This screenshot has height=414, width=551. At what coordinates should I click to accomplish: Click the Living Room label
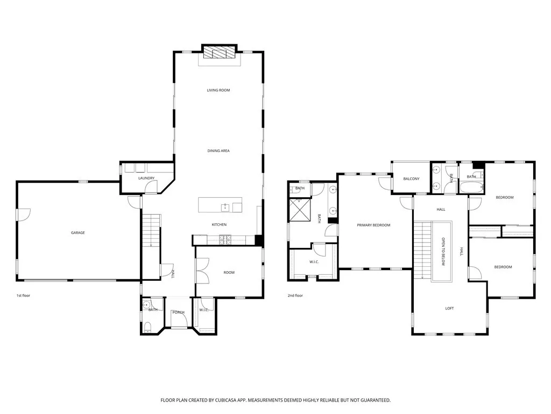(x=218, y=90)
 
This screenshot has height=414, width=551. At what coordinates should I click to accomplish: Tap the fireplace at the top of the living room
(x=218, y=52)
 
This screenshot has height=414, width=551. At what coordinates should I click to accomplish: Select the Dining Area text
(x=218, y=151)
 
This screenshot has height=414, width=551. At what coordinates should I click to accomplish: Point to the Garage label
(x=78, y=233)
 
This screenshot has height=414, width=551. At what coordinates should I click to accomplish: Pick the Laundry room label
(x=146, y=178)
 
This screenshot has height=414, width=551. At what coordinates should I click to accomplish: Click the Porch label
(x=178, y=313)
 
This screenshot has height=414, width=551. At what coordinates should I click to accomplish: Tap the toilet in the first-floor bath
(x=147, y=326)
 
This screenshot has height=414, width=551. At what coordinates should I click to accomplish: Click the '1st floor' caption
(x=24, y=295)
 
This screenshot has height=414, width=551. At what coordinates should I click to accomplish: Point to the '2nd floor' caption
(x=295, y=295)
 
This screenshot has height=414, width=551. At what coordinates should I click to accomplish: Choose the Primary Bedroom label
(x=373, y=225)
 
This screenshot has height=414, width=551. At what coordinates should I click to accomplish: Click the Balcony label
(x=411, y=178)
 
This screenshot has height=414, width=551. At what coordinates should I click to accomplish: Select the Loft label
(x=449, y=308)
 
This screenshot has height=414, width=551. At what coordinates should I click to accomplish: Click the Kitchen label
(x=219, y=224)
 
